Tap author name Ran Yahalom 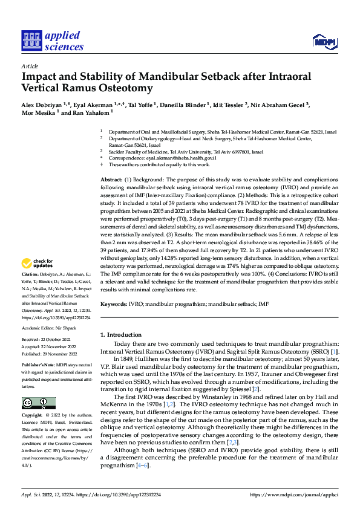coord(91,112)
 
